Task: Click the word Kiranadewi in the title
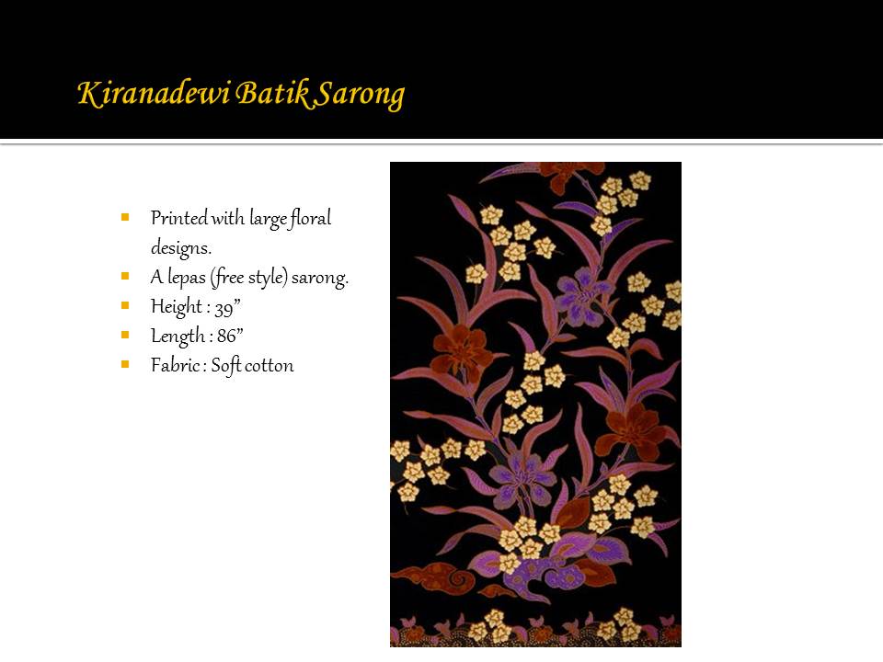pyautogui.click(x=154, y=93)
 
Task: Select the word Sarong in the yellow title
pyautogui.click(x=360, y=95)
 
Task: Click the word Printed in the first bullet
pyautogui.click(x=179, y=218)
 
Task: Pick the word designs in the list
pyautogui.click(x=181, y=247)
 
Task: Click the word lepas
pyautogui.click(x=187, y=278)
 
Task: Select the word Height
pyautogui.click(x=177, y=307)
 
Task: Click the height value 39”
pyautogui.click(x=227, y=307)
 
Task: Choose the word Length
pyautogui.click(x=178, y=337)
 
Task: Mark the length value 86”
pyautogui.click(x=230, y=337)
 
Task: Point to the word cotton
pyautogui.click(x=269, y=366)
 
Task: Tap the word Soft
pyautogui.click(x=226, y=366)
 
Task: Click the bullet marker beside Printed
pyautogui.click(x=125, y=217)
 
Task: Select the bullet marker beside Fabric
pyautogui.click(x=125, y=364)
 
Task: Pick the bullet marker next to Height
pyautogui.click(x=125, y=305)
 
